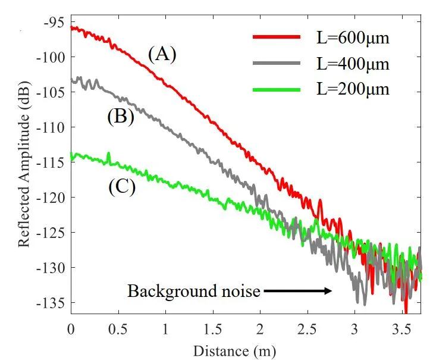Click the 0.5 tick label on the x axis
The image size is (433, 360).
tap(118, 328)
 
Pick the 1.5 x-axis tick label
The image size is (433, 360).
tap(212, 328)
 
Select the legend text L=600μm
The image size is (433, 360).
tap(353, 39)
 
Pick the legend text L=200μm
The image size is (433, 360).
tap(353, 89)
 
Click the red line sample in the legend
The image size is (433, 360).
tap(277, 37)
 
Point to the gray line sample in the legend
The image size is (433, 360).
tap(277, 62)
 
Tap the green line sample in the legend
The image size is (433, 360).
tap(277, 89)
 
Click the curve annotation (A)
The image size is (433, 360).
tap(162, 54)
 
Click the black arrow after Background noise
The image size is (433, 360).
tap(297, 291)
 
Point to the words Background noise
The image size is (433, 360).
tap(194, 292)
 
